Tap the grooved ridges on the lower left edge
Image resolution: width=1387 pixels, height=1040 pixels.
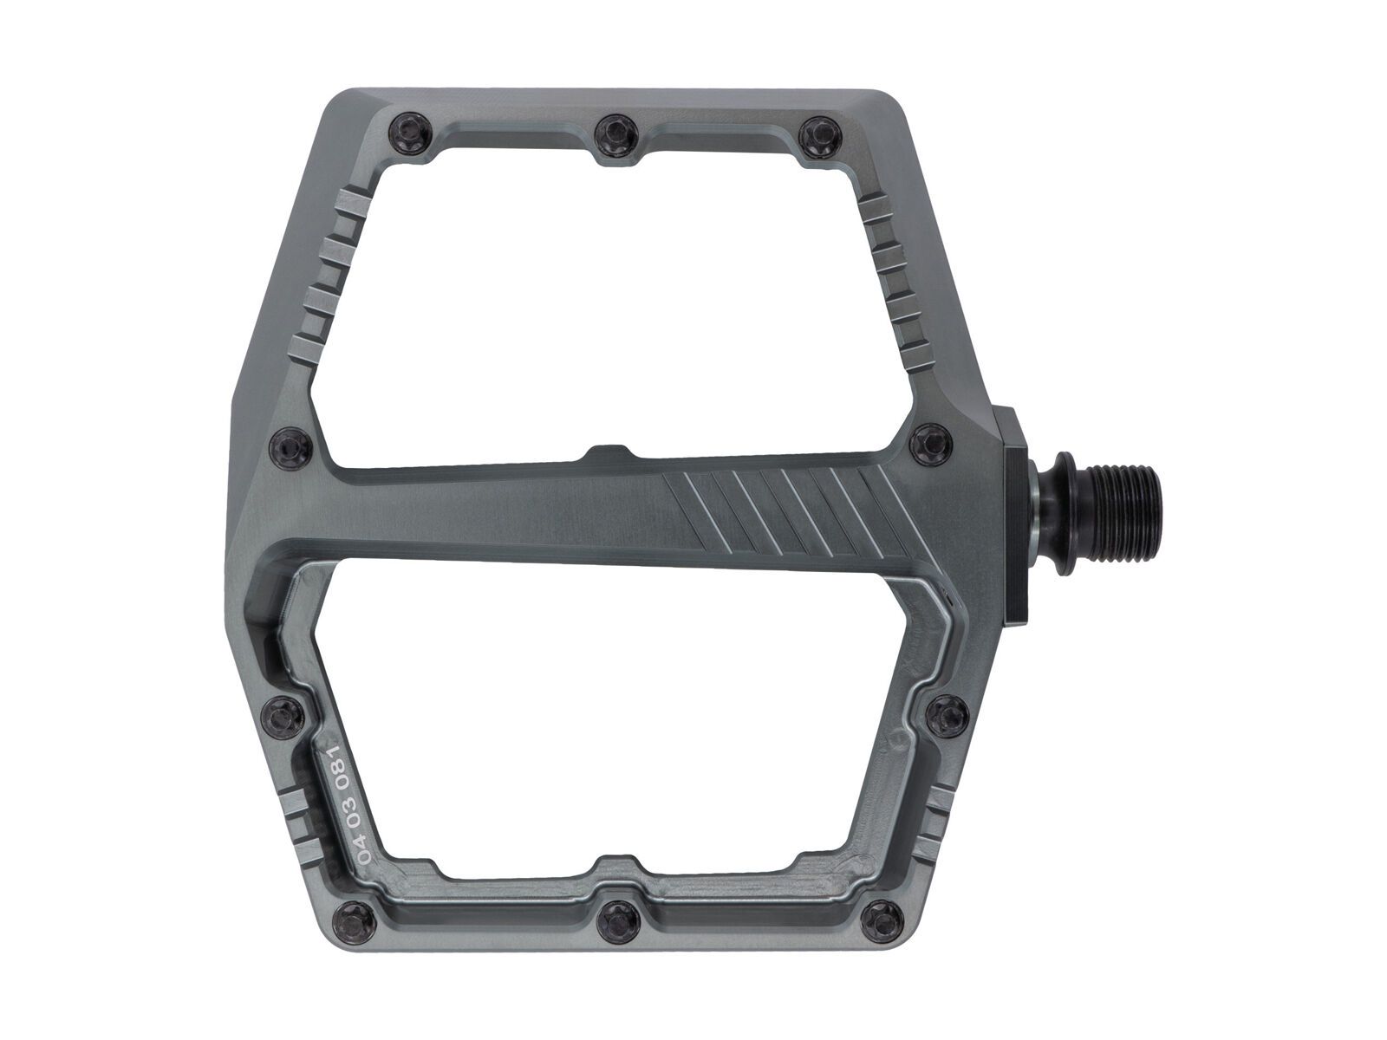click(297, 826)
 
